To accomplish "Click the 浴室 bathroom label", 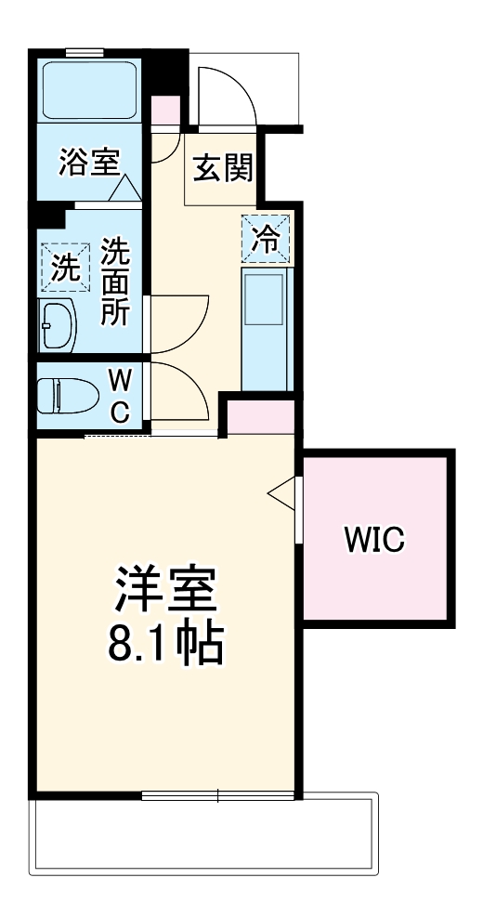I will coord(89,163).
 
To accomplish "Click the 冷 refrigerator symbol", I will coord(267,238).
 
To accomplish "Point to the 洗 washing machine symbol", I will coord(65,268).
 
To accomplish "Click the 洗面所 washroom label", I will coord(115,281).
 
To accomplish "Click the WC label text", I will coord(120,395).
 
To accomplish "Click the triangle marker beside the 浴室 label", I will coord(127,189).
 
